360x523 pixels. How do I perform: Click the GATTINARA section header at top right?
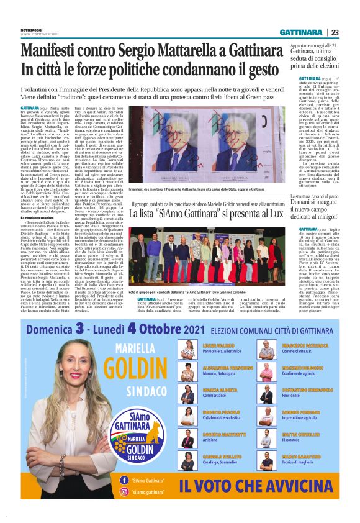(x=300, y=32)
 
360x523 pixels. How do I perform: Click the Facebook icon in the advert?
(x=122, y=480)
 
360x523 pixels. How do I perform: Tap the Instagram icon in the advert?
(x=122, y=491)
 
